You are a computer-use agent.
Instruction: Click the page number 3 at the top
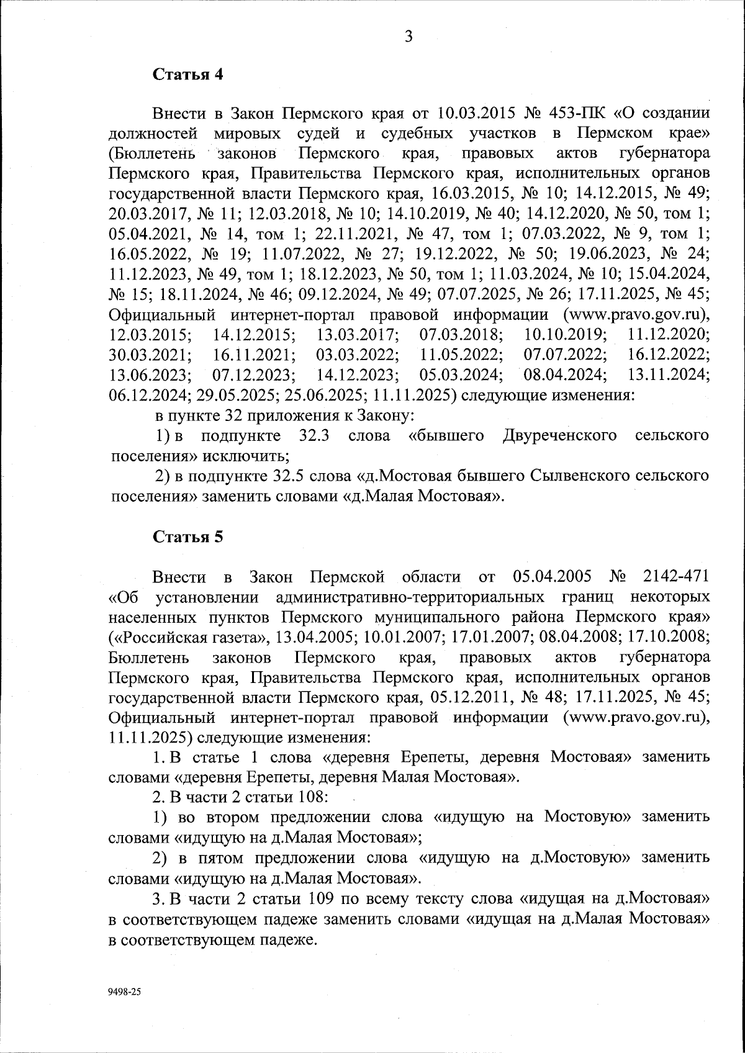pyautogui.click(x=409, y=37)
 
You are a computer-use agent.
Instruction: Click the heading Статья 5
pyautogui.click(x=187, y=537)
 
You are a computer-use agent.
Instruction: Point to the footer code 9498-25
pyautogui.click(x=125, y=992)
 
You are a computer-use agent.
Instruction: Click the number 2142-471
pyautogui.click(x=675, y=577)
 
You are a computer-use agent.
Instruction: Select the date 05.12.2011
pyautogui.click(x=470, y=697)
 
